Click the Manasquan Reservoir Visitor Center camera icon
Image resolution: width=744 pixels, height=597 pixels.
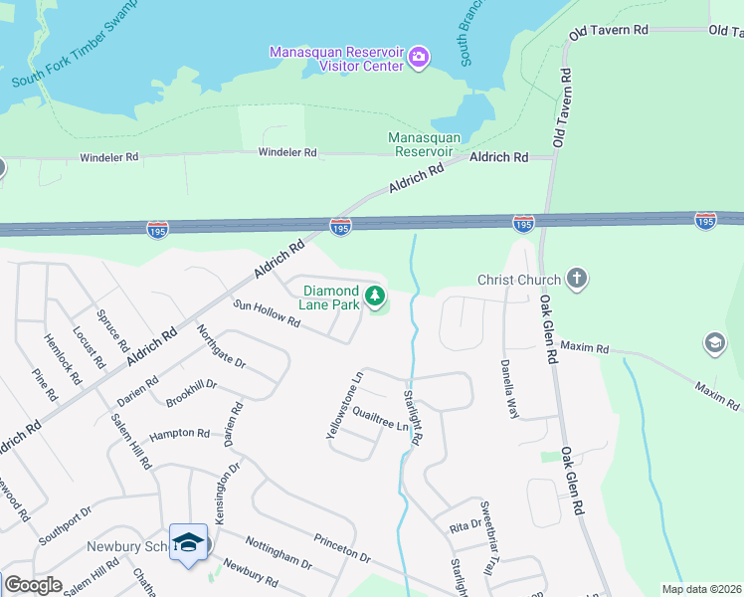point(420,57)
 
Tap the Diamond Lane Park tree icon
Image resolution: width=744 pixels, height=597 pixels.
point(375,296)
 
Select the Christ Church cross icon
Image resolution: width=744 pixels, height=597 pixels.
point(576,280)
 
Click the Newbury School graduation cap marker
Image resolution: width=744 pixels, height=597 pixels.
point(189,542)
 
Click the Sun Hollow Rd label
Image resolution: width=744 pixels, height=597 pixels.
point(267,315)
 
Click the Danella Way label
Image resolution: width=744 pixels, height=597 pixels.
point(509,388)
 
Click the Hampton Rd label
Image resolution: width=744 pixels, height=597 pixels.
point(180,435)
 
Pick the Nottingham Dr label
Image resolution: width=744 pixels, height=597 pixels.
point(279,557)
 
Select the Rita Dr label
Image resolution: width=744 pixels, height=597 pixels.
point(459,526)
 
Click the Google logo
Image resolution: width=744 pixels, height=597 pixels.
point(33,585)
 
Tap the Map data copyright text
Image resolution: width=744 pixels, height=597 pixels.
point(701,589)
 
